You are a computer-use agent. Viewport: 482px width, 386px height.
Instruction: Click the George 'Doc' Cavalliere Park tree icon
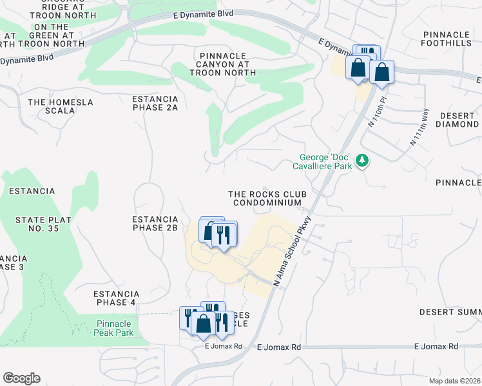coord(363,160)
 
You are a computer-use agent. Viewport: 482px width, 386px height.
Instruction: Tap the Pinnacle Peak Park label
coord(115,328)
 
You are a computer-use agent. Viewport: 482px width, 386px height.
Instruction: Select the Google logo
coord(21,378)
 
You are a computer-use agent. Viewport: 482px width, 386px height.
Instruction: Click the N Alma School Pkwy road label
coord(294,250)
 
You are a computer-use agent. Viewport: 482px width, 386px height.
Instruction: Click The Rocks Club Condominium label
coord(267,198)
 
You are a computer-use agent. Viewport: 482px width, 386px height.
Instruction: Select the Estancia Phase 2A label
coord(155,104)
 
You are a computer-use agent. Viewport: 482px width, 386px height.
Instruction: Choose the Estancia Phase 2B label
coord(155,223)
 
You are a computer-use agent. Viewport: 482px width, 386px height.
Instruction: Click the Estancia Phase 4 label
coord(116,298)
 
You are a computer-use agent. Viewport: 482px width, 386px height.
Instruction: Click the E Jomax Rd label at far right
coord(436,346)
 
